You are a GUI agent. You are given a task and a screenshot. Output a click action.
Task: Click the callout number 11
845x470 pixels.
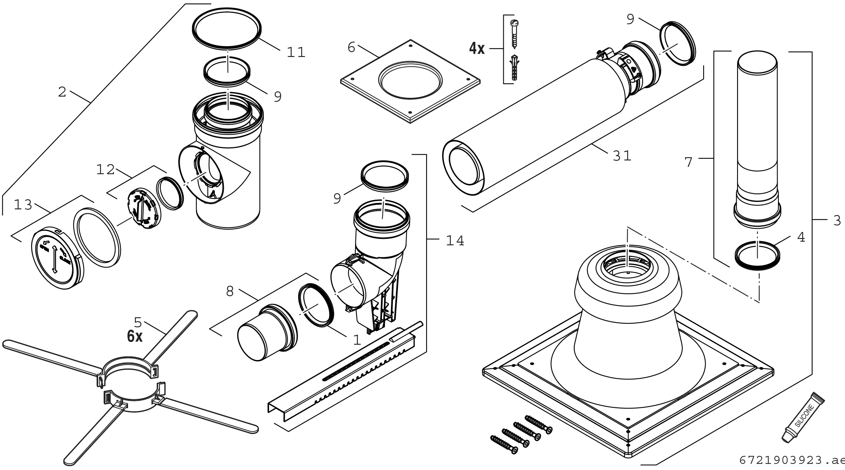click(296, 52)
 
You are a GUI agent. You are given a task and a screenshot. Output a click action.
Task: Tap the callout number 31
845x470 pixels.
click(622, 156)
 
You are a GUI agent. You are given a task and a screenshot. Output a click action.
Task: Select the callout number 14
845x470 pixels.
click(455, 241)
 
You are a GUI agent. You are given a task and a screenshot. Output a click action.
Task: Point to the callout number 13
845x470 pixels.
click(23, 205)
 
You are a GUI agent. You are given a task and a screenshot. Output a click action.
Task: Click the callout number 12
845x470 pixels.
click(106, 170)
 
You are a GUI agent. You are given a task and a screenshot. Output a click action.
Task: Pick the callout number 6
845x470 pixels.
click(351, 48)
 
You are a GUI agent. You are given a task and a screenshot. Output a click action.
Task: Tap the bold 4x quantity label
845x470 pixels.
click(477, 49)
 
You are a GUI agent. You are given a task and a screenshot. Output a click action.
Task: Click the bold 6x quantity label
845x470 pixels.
click(135, 336)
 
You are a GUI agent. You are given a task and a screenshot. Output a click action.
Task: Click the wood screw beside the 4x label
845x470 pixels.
click(514, 35)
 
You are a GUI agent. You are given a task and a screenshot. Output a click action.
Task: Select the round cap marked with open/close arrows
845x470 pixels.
click(57, 259)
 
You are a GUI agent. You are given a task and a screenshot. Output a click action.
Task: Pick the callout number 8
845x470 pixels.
click(230, 291)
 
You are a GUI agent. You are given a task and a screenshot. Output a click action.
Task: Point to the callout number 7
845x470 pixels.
click(689, 162)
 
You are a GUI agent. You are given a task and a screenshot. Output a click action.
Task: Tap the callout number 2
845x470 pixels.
click(62, 92)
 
